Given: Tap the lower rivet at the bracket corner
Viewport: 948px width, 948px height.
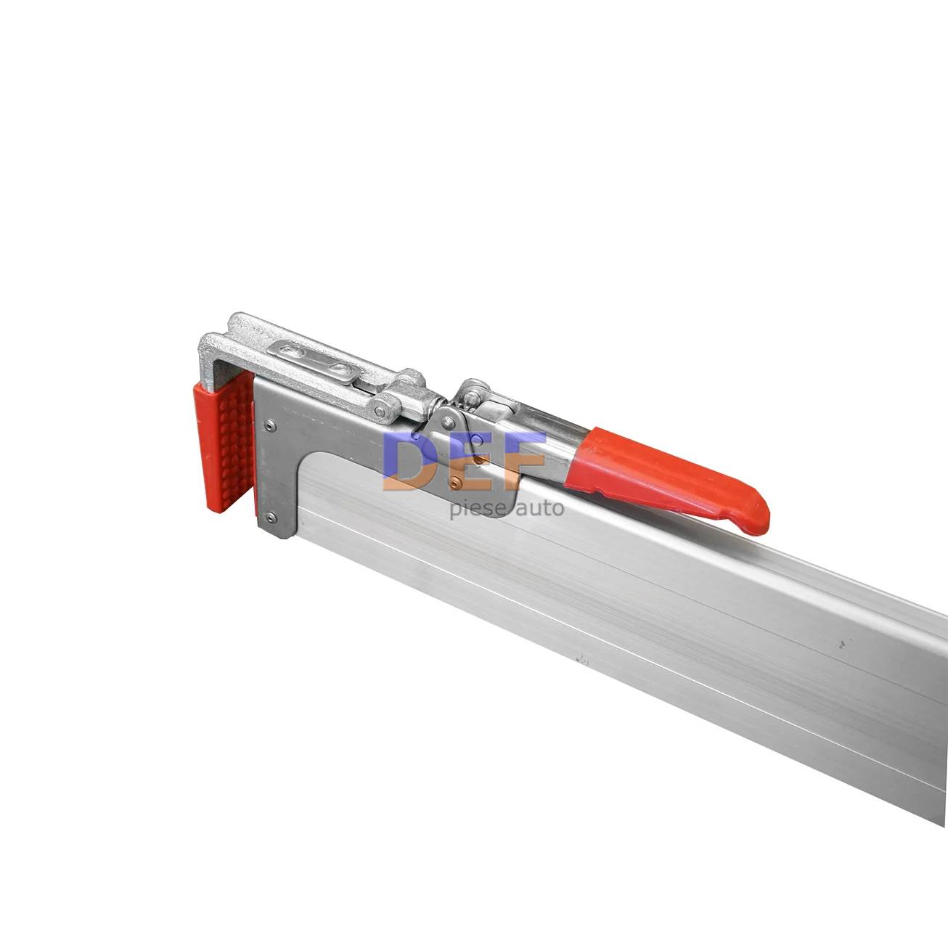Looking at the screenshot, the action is coord(270,516).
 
